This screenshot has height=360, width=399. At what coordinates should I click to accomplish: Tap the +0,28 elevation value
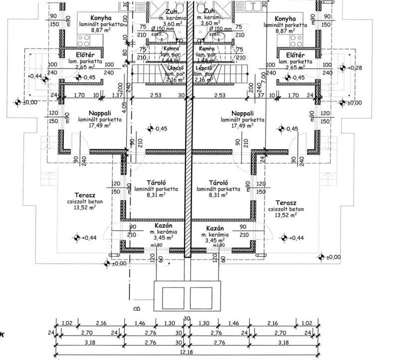pos(356,67)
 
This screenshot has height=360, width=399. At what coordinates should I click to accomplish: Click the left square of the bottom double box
pos(173,298)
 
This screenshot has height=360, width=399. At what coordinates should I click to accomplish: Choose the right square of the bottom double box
pos(201,298)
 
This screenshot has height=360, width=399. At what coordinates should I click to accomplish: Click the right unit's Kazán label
pos(215,228)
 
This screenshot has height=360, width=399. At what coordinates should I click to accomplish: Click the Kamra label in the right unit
pos(206,49)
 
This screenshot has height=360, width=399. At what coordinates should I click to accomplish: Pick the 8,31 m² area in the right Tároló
pos(218,196)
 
